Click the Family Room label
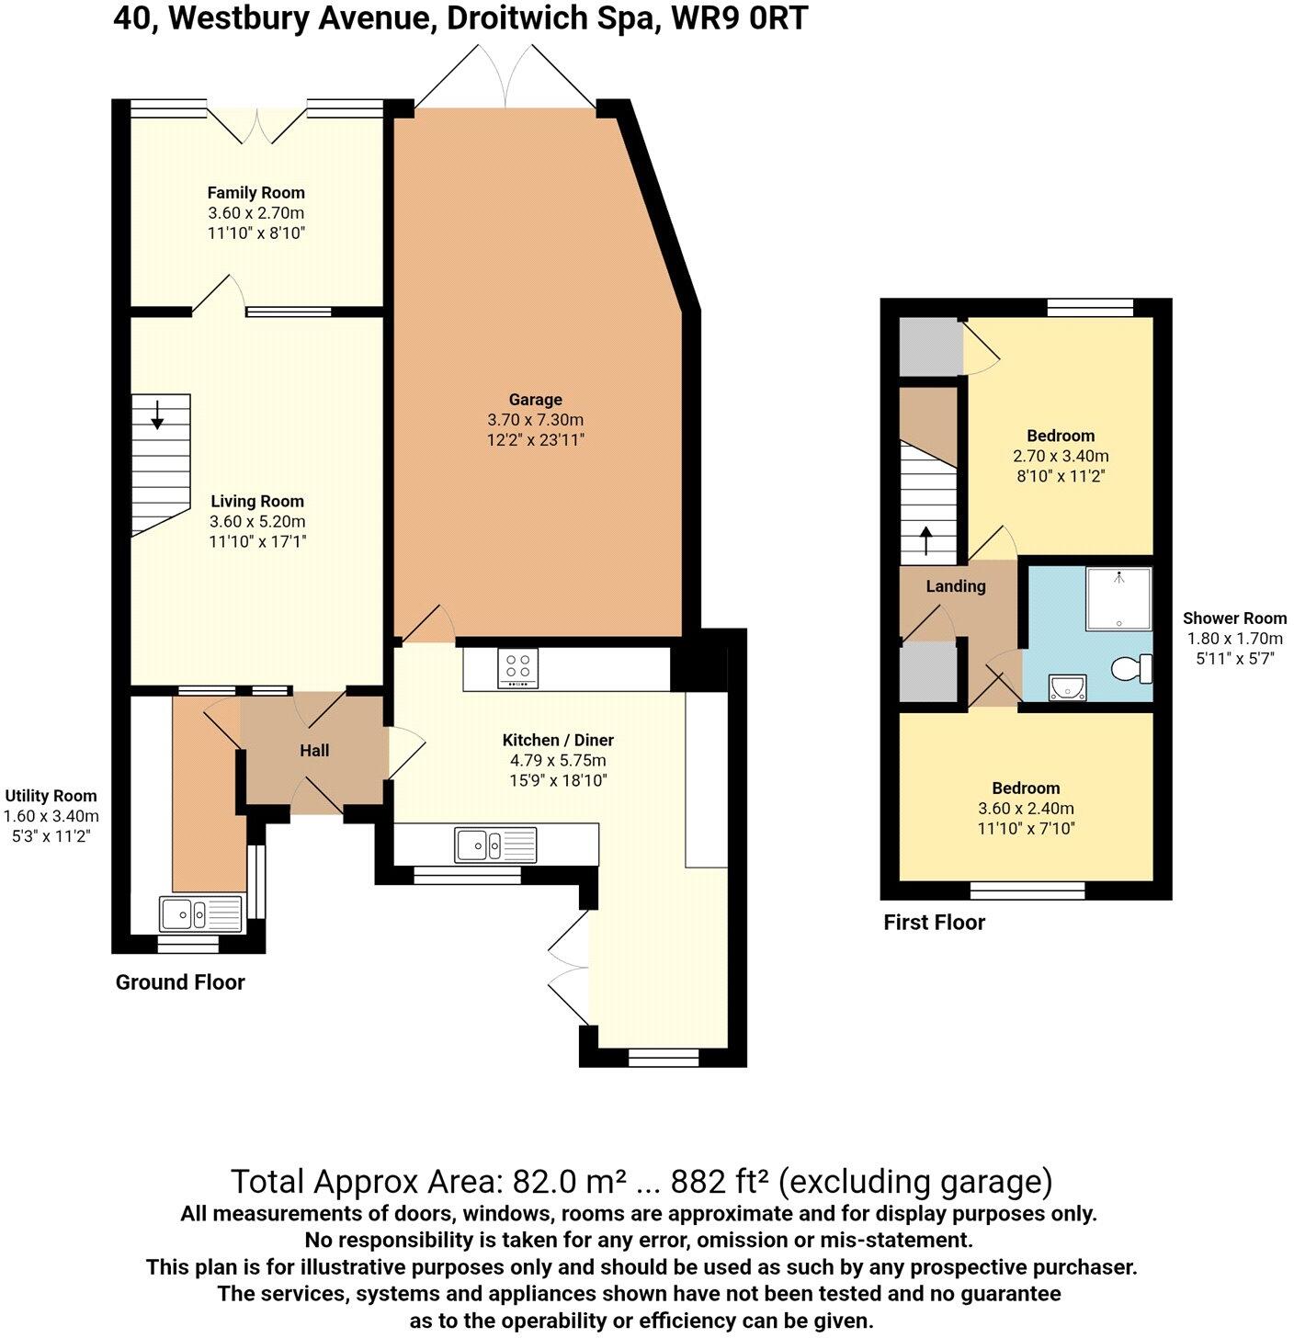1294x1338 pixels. [255, 193]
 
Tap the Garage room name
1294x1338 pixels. [535, 400]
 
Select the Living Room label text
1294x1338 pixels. [257, 501]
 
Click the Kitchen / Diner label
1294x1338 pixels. [558, 740]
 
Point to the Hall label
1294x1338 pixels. [314, 751]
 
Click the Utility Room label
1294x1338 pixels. [51, 796]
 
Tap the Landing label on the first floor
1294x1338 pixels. [956, 586]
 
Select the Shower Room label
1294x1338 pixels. [1234, 618]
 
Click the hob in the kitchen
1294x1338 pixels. [518, 668]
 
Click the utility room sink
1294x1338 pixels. [200, 914]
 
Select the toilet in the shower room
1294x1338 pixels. [1133, 668]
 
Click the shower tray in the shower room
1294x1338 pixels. [1118, 599]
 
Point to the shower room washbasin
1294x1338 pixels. [1066, 686]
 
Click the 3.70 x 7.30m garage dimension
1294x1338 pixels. [535, 420]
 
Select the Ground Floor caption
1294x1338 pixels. [180, 982]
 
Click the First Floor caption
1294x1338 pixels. [934, 923]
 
